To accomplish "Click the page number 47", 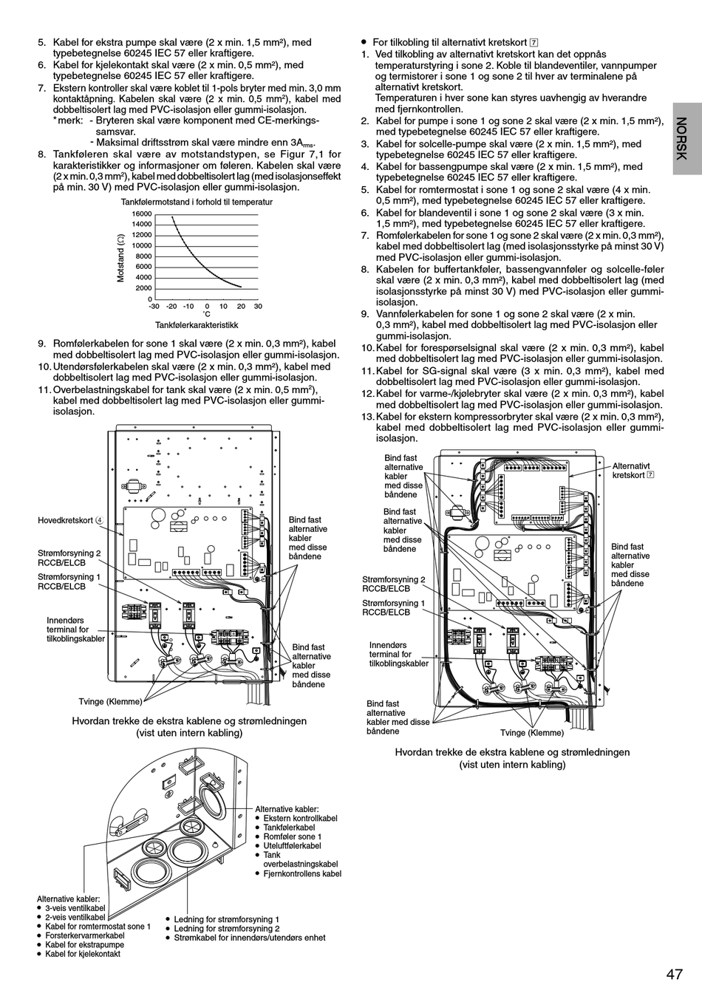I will click(673, 974).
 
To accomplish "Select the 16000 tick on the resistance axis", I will click(142, 214).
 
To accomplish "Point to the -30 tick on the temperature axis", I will click(154, 306).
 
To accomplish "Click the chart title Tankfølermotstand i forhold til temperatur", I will click(197, 202).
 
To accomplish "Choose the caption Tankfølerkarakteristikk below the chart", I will click(197, 324).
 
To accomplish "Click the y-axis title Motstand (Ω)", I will click(120, 257).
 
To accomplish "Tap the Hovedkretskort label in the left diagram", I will click(66, 520).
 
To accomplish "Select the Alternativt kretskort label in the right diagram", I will click(631, 471).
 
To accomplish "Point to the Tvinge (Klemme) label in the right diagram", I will click(532, 733).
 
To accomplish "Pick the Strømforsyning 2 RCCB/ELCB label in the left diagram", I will click(69, 558).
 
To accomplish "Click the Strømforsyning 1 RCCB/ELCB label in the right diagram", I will click(393, 607).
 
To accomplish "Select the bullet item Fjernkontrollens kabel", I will click(302, 873).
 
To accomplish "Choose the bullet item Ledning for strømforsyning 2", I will click(227, 928).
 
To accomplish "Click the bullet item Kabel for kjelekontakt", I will click(83, 954).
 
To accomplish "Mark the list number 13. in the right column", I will click(368, 416).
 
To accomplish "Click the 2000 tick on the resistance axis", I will click(143, 288).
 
